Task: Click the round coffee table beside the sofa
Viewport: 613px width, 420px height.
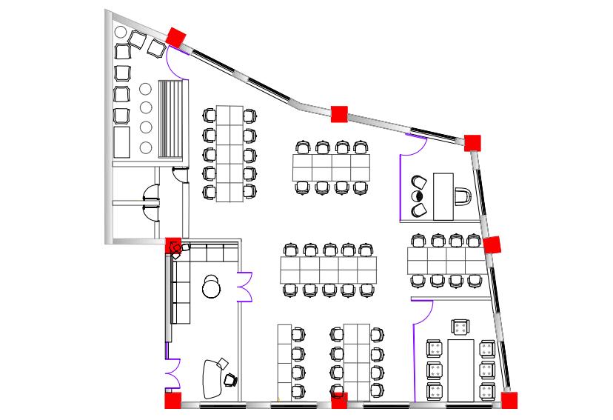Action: coord(212,287)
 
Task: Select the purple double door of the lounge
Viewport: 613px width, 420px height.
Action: coord(245,287)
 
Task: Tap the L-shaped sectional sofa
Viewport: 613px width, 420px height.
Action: coord(182,278)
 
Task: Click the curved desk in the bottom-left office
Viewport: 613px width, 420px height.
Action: coord(210,377)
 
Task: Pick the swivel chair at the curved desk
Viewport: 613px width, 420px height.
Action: coord(230,379)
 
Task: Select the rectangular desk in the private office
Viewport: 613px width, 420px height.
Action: coord(443,196)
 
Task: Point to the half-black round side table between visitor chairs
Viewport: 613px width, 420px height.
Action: coord(417,197)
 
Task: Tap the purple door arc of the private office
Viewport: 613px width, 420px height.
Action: coord(412,146)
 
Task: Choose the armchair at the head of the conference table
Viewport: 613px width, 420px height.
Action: coord(460,327)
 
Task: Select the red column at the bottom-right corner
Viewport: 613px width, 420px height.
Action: coord(509,401)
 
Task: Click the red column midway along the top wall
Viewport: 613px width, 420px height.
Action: coord(339,113)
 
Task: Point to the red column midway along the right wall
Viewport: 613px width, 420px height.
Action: coord(492,244)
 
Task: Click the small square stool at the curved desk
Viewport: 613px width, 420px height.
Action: coord(222,362)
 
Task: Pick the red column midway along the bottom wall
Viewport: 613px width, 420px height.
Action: coord(339,401)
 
